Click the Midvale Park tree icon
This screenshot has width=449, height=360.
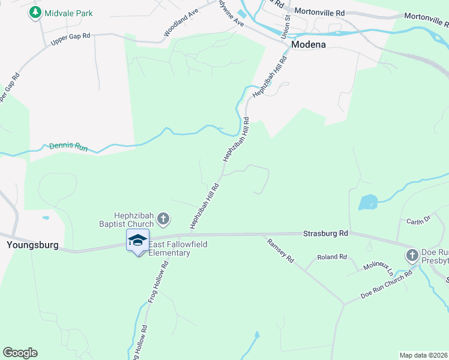(36, 13)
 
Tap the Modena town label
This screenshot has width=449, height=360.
(308, 44)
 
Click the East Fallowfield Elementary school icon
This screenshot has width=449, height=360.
(137, 241)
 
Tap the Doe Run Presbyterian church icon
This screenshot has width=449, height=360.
(412, 256)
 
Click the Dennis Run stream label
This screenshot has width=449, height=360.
(68, 146)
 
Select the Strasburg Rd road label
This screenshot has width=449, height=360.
(325, 233)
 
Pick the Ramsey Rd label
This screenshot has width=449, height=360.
(280, 250)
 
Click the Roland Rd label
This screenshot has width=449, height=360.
(332, 257)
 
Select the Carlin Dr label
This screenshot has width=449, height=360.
(419, 220)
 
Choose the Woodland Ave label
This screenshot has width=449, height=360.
(181, 24)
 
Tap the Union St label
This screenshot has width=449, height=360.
(288, 24)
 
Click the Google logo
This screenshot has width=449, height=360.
(20, 353)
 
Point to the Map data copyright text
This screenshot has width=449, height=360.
(423, 355)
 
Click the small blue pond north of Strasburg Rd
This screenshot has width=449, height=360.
(367, 202)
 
